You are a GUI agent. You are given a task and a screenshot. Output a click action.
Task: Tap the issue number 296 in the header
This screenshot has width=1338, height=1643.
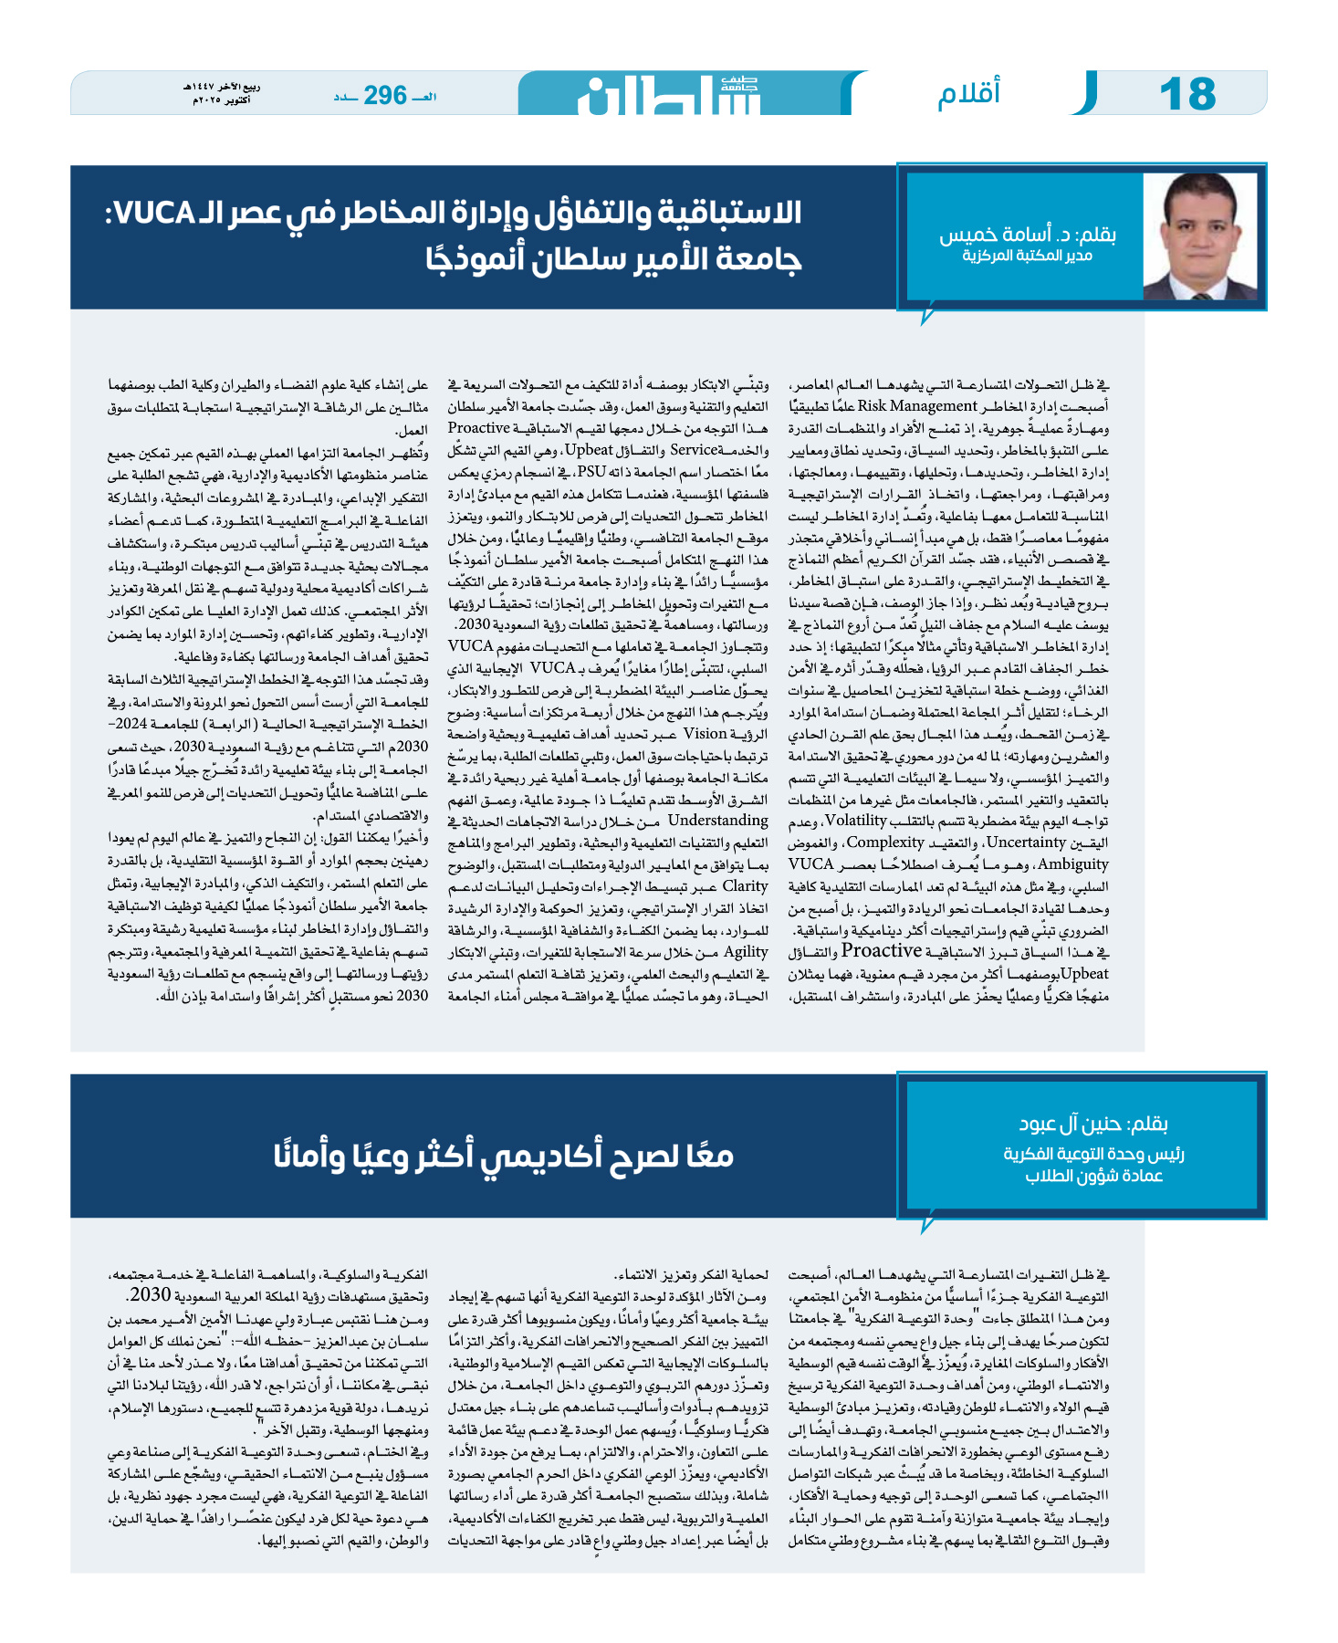tap(384, 95)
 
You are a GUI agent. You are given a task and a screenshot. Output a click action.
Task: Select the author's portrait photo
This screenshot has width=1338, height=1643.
tap(1198, 236)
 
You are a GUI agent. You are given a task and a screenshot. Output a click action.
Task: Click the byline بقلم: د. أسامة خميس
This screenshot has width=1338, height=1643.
tap(1028, 235)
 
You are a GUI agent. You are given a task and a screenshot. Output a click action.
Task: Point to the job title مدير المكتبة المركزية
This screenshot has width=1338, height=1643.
tap(1027, 256)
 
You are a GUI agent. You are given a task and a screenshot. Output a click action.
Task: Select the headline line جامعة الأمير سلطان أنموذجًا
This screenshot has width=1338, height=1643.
tap(612, 260)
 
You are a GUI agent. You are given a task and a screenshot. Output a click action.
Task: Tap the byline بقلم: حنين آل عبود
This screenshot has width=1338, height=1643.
tap(1093, 1124)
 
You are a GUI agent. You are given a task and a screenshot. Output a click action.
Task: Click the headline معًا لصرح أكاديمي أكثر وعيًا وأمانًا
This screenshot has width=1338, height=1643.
tap(504, 1156)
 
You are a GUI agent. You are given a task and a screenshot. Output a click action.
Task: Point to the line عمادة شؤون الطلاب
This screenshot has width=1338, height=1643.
tap(1093, 1177)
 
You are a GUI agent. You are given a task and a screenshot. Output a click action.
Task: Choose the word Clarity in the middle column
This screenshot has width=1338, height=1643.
tap(745, 886)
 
